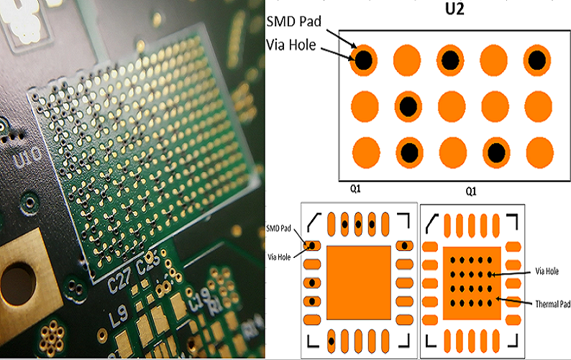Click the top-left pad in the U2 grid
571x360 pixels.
coord(363,60)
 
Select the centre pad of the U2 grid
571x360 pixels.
coord(451,106)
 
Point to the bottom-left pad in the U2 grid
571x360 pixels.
coord(363,152)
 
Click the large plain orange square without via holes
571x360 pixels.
coord(359,282)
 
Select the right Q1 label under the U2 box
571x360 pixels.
coord(472,191)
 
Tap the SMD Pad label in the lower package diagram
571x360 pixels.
coord(277,227)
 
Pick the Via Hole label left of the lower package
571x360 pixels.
coord(278,255)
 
